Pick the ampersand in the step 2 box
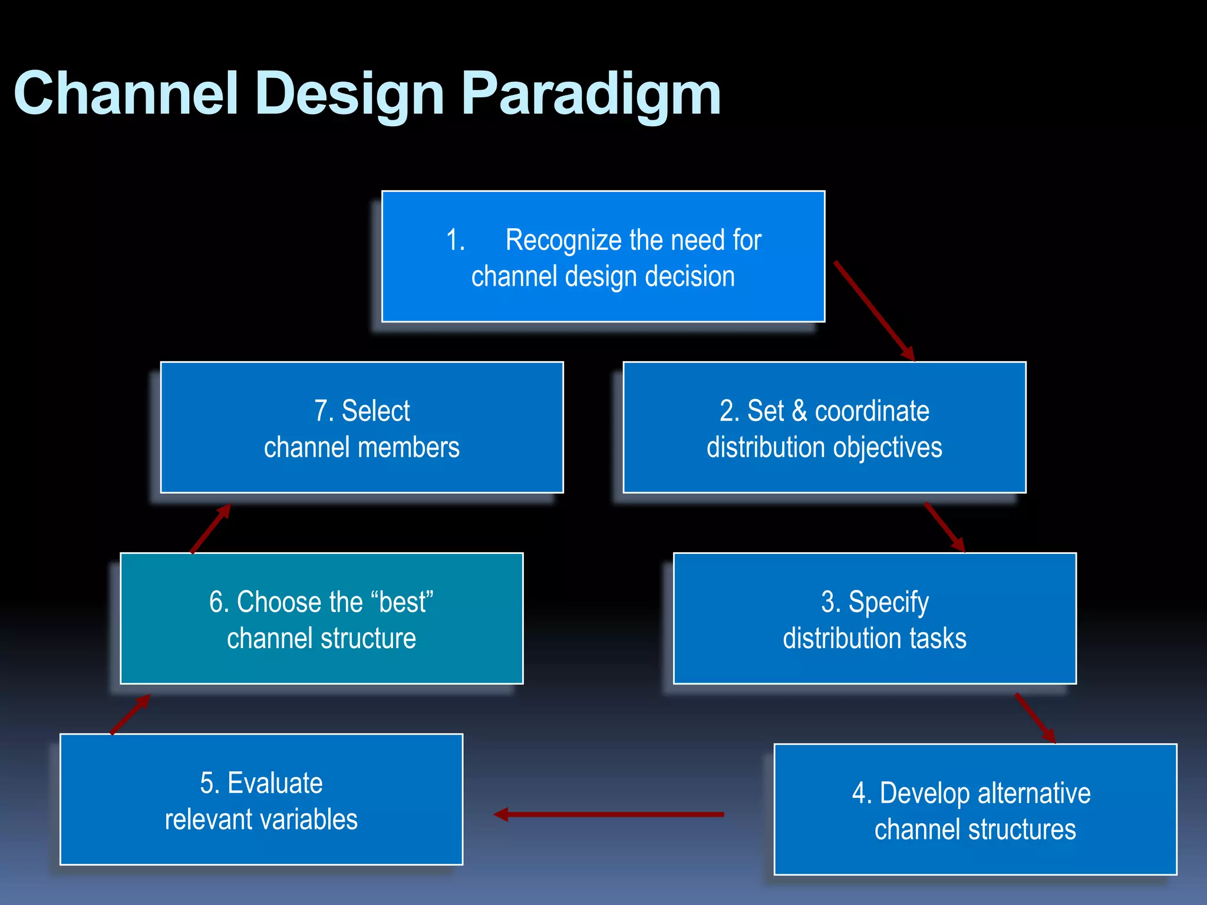point(799,411)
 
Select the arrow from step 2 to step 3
point(944,527)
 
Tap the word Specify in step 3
point(888,603)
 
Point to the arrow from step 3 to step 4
point(1035,718)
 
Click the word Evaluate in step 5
point(275,783)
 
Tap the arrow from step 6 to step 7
point(210,529)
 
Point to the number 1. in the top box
point(456,240)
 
